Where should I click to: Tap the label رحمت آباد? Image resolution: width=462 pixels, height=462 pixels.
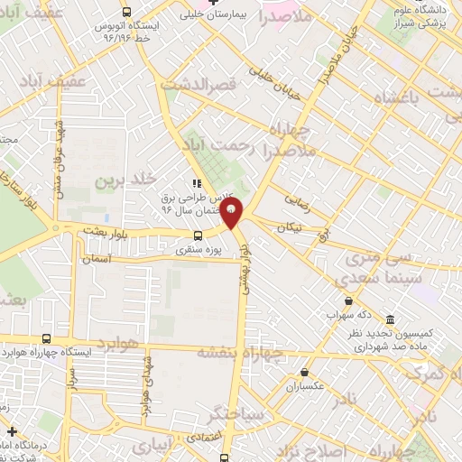click(222, 144)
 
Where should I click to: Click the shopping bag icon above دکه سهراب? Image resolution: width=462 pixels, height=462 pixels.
click(348, 301)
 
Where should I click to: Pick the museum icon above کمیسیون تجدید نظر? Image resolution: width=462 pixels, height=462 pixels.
click(390, 320)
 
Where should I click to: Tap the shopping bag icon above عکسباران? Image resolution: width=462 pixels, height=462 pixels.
click(304, 372)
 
